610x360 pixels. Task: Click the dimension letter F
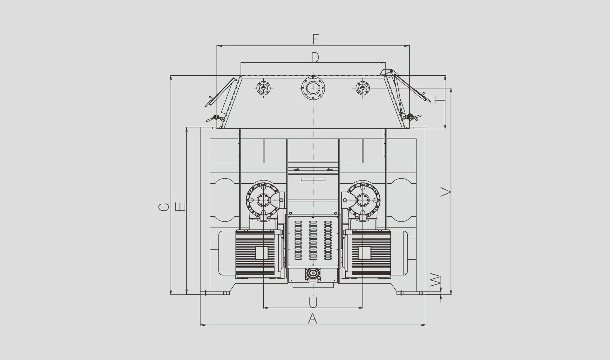(315, 39)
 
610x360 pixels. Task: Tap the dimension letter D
(315, 57)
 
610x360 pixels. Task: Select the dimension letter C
(164, 207)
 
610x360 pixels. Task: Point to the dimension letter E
(180, 207)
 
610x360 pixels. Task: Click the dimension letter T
(440, 100)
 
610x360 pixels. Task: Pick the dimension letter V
(446, 192)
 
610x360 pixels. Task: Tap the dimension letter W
(436, 280)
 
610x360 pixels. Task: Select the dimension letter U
(313, 302)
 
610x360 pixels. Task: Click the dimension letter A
(313, 318)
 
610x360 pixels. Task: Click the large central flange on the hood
(313, 87)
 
